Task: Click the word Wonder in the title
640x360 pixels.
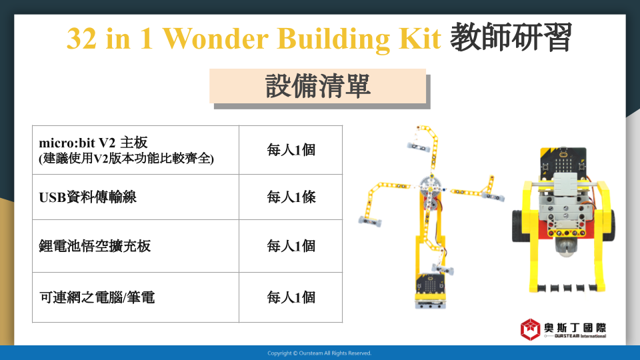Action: tap(216, 39)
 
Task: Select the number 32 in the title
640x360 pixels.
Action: tap(81, 39)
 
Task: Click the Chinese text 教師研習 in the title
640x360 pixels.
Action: tap(511, 37)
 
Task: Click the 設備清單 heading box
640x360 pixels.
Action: tap(317, 86)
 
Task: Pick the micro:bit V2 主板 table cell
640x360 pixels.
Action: tap(135, 150)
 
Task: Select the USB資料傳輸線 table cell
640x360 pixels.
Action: tap(135, 197)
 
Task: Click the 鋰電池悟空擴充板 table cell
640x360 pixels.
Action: tap(135, 246)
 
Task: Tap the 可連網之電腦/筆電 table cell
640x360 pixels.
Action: tap(135, 297)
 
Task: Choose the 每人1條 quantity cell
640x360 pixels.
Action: tap(291, 197)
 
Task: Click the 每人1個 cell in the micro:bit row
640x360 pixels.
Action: tap(291, 150)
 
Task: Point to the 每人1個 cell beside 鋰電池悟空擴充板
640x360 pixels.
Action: tap(291, 246)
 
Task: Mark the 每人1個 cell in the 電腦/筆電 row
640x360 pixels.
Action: tap(291, 297)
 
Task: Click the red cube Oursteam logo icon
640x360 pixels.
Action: tap(530, 329)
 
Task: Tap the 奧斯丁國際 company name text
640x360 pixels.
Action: tap(575, 328)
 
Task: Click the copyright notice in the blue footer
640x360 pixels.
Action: tap(319, 353)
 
